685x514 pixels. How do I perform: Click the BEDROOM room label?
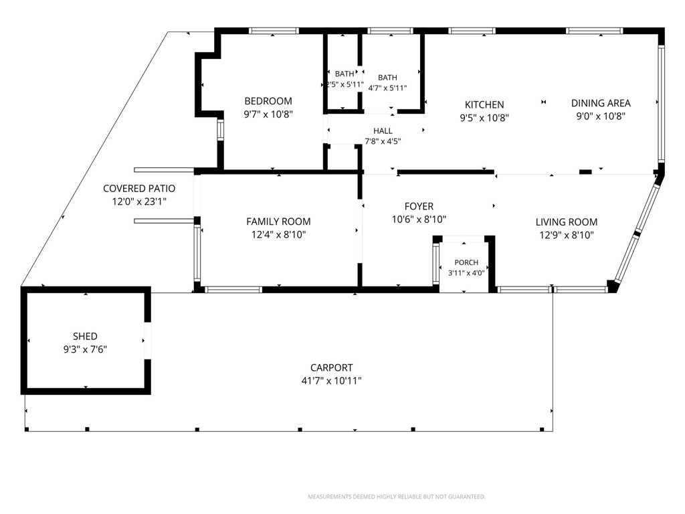coord(268,102)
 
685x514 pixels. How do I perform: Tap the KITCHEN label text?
coord(484,105)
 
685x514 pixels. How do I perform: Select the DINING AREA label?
coord(601,103)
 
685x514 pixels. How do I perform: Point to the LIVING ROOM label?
coord(566,222)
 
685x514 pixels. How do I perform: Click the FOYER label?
coord(419,206)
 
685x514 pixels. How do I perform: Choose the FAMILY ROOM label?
coord(278,222)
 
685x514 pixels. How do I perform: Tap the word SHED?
coord(85,336)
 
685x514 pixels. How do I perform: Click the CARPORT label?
coord(332,367)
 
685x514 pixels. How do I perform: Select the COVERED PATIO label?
coord(139,188)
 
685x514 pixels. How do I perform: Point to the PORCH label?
coord(466,262)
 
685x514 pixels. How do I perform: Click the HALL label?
coord(383,131)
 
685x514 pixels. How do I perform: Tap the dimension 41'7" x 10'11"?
coord(332,381)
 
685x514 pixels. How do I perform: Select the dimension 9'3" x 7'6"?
coord(85,349)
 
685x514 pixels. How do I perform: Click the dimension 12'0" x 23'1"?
coord(139,202)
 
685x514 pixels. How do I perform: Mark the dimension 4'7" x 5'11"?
coord(387,88)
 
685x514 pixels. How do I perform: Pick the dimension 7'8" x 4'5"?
coord(383,141)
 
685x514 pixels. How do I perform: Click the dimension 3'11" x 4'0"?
coord(466,273)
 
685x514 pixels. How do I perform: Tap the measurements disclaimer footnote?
coord(397,497)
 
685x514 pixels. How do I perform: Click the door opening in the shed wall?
coord(148,341)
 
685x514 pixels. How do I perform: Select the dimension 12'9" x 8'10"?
coord(566,235)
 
